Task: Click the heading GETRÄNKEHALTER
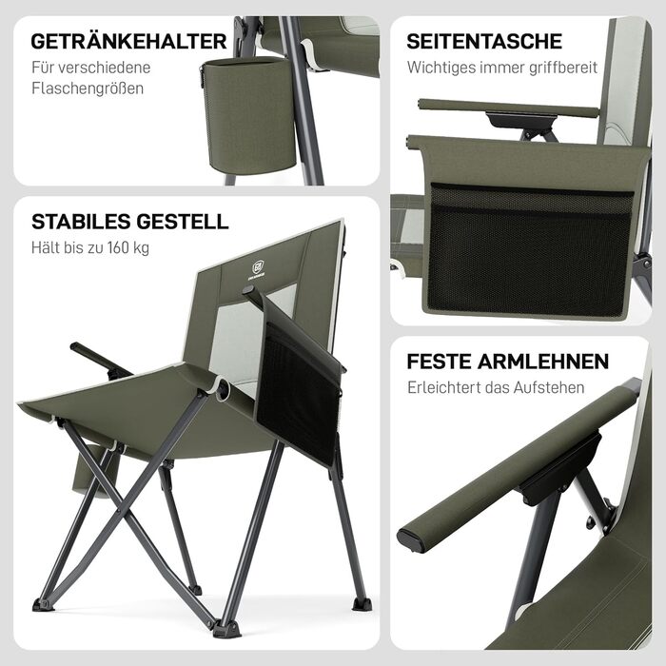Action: [x=128, y=42]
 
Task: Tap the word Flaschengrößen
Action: [x=88, y=88]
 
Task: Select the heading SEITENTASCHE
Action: [x=484, y=42]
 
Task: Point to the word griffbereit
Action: [x=563, y=68]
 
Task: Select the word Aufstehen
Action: [x=549, y=387]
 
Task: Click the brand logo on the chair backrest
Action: [x=258, y=270]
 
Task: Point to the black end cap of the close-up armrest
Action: [x=409, y=539]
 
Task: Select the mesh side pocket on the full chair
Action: [x=299, y=393]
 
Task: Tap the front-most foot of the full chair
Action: [x=226, y=629]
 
